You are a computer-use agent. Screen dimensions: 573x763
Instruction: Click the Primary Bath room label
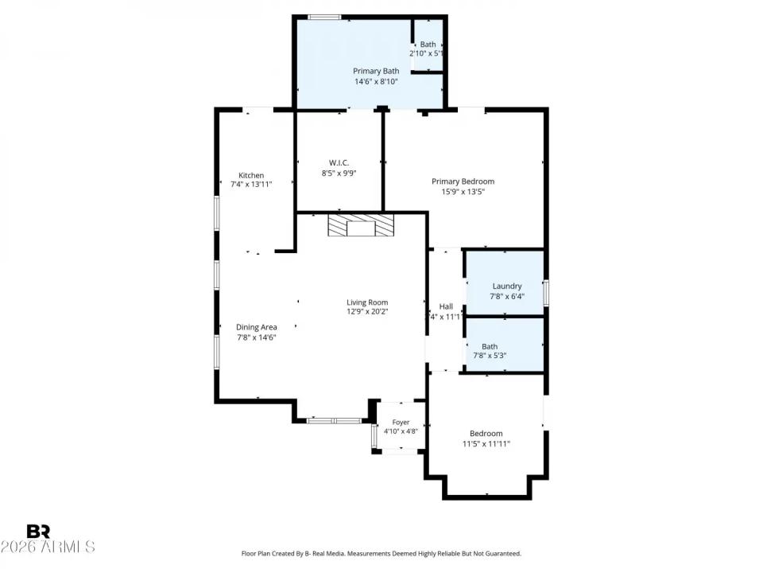point(376,71)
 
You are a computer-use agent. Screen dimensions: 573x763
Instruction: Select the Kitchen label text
point(251,176)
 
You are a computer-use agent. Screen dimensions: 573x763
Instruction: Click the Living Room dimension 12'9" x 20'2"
point(366,312)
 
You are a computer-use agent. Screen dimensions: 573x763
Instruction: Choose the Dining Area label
point(256,327)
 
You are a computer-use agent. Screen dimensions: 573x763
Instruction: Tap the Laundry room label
point(506,286)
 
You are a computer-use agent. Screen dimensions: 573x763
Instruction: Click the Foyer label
point(401,423)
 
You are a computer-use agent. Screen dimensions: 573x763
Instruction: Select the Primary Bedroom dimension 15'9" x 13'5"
point(463,191)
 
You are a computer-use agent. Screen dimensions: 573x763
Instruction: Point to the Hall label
point(446,306)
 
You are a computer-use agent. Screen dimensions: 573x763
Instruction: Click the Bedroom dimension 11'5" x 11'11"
point(486,444)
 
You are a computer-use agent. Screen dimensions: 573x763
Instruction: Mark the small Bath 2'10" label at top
point(428,45)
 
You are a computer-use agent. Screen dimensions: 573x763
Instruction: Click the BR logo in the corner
point(38,532)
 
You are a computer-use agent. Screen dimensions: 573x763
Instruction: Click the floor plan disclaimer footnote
point(381,553)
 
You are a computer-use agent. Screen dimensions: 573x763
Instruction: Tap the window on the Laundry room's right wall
point(545,291)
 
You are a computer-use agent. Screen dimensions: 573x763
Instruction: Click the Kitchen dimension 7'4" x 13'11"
point(251,185)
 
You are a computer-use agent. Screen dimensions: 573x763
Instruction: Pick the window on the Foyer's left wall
point(374,437)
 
